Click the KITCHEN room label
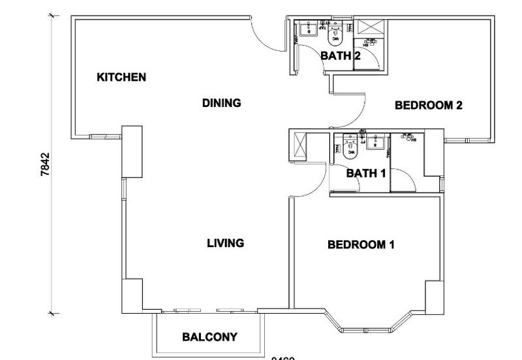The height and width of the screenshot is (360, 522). click(x=121, y=78)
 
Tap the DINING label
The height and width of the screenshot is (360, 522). click(x=222, y=103)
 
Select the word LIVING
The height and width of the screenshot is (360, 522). click(x=225, y=243)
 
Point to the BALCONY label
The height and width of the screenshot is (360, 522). click(x=209, y=338)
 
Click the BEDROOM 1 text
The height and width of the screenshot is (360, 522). click(x=361, y=245)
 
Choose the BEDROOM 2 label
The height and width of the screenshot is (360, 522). click(x=429, y=104)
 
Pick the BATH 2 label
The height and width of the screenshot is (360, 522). click(x=341, y=56)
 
